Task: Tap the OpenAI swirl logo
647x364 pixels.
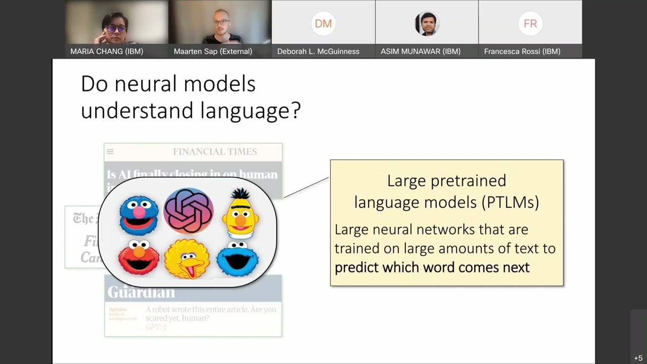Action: point(189,211)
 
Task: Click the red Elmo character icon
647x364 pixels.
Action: point(138,258)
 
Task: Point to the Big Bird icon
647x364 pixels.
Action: point(187,259)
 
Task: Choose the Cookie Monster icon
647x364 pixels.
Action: point(238,259)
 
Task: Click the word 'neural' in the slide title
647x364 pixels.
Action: point(147,84)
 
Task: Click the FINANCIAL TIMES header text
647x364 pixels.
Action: point(215,152)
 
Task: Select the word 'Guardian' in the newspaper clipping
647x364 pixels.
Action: point(141,292)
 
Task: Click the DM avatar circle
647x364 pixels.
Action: point(323,24)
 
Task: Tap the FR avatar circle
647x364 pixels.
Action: point(530,24)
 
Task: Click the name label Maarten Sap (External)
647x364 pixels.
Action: point(213,51)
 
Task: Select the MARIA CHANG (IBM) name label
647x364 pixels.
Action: point(107,51)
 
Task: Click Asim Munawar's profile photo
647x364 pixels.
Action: point(427,24)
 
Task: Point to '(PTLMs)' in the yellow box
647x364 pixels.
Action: point(510,202)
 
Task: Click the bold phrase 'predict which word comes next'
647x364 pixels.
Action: point(432,267)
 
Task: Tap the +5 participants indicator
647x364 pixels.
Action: point(638,358)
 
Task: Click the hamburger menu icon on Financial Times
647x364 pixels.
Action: point(110,151)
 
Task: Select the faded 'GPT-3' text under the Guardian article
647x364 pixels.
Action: point(156,327)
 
